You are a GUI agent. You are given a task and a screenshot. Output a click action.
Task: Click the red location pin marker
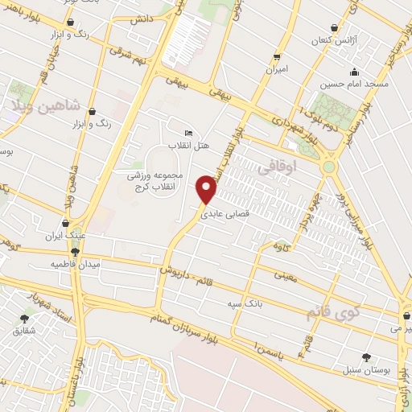tap(208, 189)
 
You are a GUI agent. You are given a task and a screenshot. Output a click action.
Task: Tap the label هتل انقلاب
tap(183, 146)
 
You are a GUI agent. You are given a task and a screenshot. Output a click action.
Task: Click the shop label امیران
tap(277, 70)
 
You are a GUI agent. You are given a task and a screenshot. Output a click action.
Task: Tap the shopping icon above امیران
tap(277, 56)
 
